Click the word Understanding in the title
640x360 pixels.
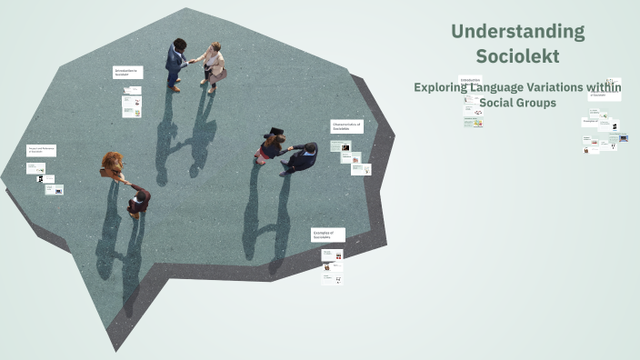coord(517,32)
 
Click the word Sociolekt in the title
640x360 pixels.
coord(517,55)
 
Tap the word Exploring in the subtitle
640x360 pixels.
coord(443,87)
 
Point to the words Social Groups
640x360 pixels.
coord(517,103)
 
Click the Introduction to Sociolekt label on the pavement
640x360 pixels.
coord(127,72)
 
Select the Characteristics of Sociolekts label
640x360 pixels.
coord(346,126)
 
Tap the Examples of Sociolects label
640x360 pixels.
coord(327,235)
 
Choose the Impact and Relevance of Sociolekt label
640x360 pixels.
coord(41,150)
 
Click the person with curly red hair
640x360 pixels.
coord(113,165)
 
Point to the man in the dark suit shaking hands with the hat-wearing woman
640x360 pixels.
coord(302,157)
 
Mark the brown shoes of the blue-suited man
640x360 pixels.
coord(175,88)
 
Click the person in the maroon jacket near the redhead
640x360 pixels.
coord(138,199)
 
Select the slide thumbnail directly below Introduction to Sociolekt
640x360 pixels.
coord(133,91)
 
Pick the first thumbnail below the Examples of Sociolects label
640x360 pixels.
coord(333,255)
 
